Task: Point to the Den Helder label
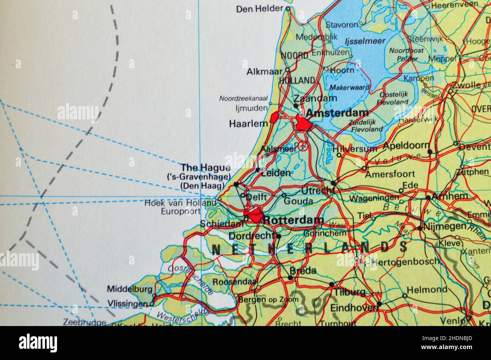coord(260,9)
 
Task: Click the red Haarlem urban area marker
coord(274,118)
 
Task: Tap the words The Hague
coord(205,167)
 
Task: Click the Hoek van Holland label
coord(180,203)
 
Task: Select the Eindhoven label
coord(354,308)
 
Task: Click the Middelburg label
coord(130,289)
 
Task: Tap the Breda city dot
coord(290,278)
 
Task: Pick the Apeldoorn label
coord(406,146)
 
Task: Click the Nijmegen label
coord(445,226)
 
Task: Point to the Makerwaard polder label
coord(346,88)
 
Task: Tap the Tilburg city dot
coord(332,285)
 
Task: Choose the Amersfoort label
coord(390,174)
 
